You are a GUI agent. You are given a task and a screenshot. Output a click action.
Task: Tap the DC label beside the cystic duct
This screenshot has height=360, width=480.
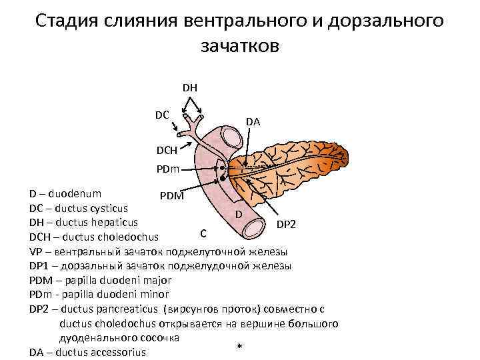(162, 115)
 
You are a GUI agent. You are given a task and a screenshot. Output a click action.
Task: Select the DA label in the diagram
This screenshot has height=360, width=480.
(253, 121)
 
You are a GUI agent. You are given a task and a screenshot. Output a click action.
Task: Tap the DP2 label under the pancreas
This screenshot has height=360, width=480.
(287, 225)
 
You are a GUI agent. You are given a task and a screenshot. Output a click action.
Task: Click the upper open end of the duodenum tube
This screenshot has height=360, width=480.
(234, 137)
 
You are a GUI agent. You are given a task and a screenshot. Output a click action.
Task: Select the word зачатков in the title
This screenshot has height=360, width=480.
(239, 46)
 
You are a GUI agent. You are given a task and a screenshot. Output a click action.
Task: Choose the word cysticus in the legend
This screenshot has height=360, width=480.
(106, 208)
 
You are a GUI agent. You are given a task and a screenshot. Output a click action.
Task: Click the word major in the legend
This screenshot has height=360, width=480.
(157, 279)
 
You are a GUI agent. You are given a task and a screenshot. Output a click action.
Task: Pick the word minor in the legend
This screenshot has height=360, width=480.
(155, 293)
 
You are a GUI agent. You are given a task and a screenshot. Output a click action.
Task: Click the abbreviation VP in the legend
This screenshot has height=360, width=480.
(36, 251)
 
